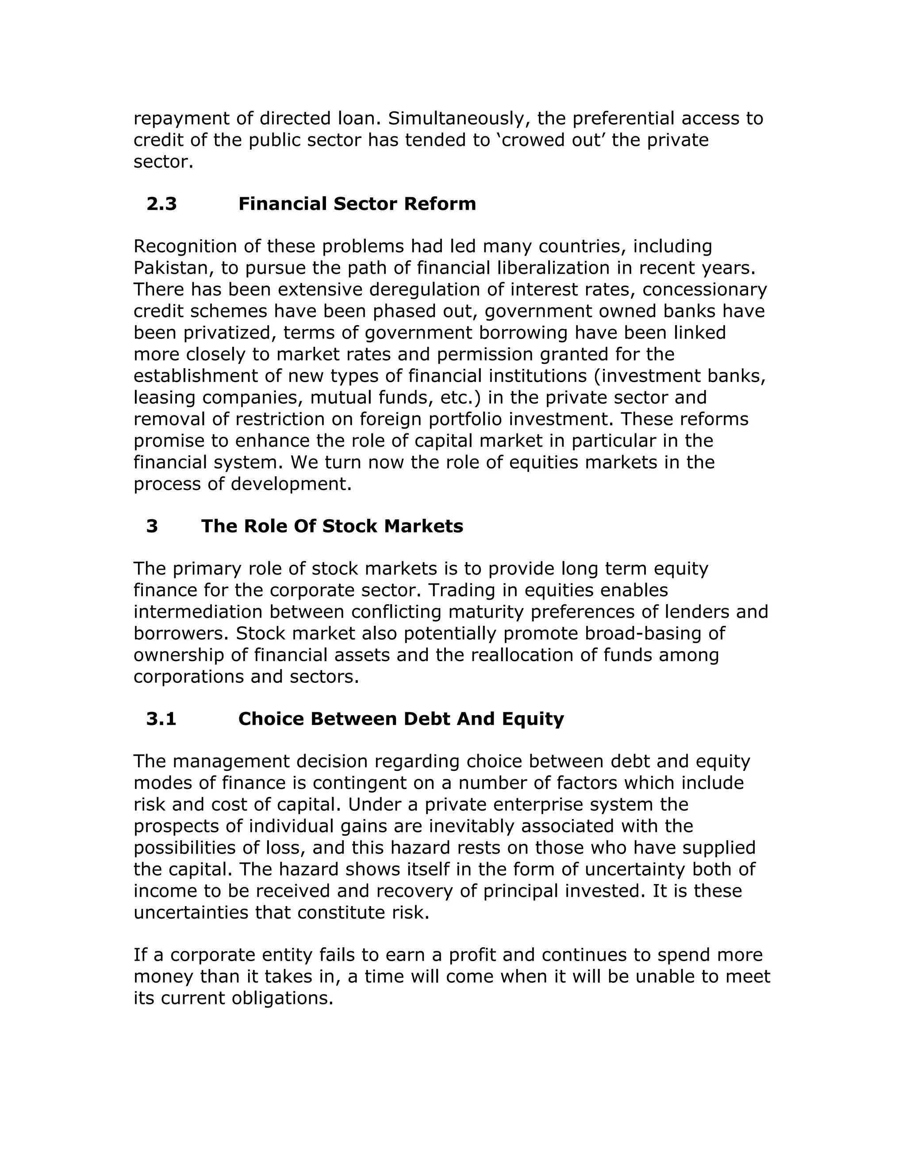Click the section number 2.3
pos(161,204)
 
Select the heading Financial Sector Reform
pos(357,204)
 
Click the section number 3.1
pos(161,719)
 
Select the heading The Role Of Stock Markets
pos(332,526)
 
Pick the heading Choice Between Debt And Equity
pos(401,719)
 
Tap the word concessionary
pos(705,290)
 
